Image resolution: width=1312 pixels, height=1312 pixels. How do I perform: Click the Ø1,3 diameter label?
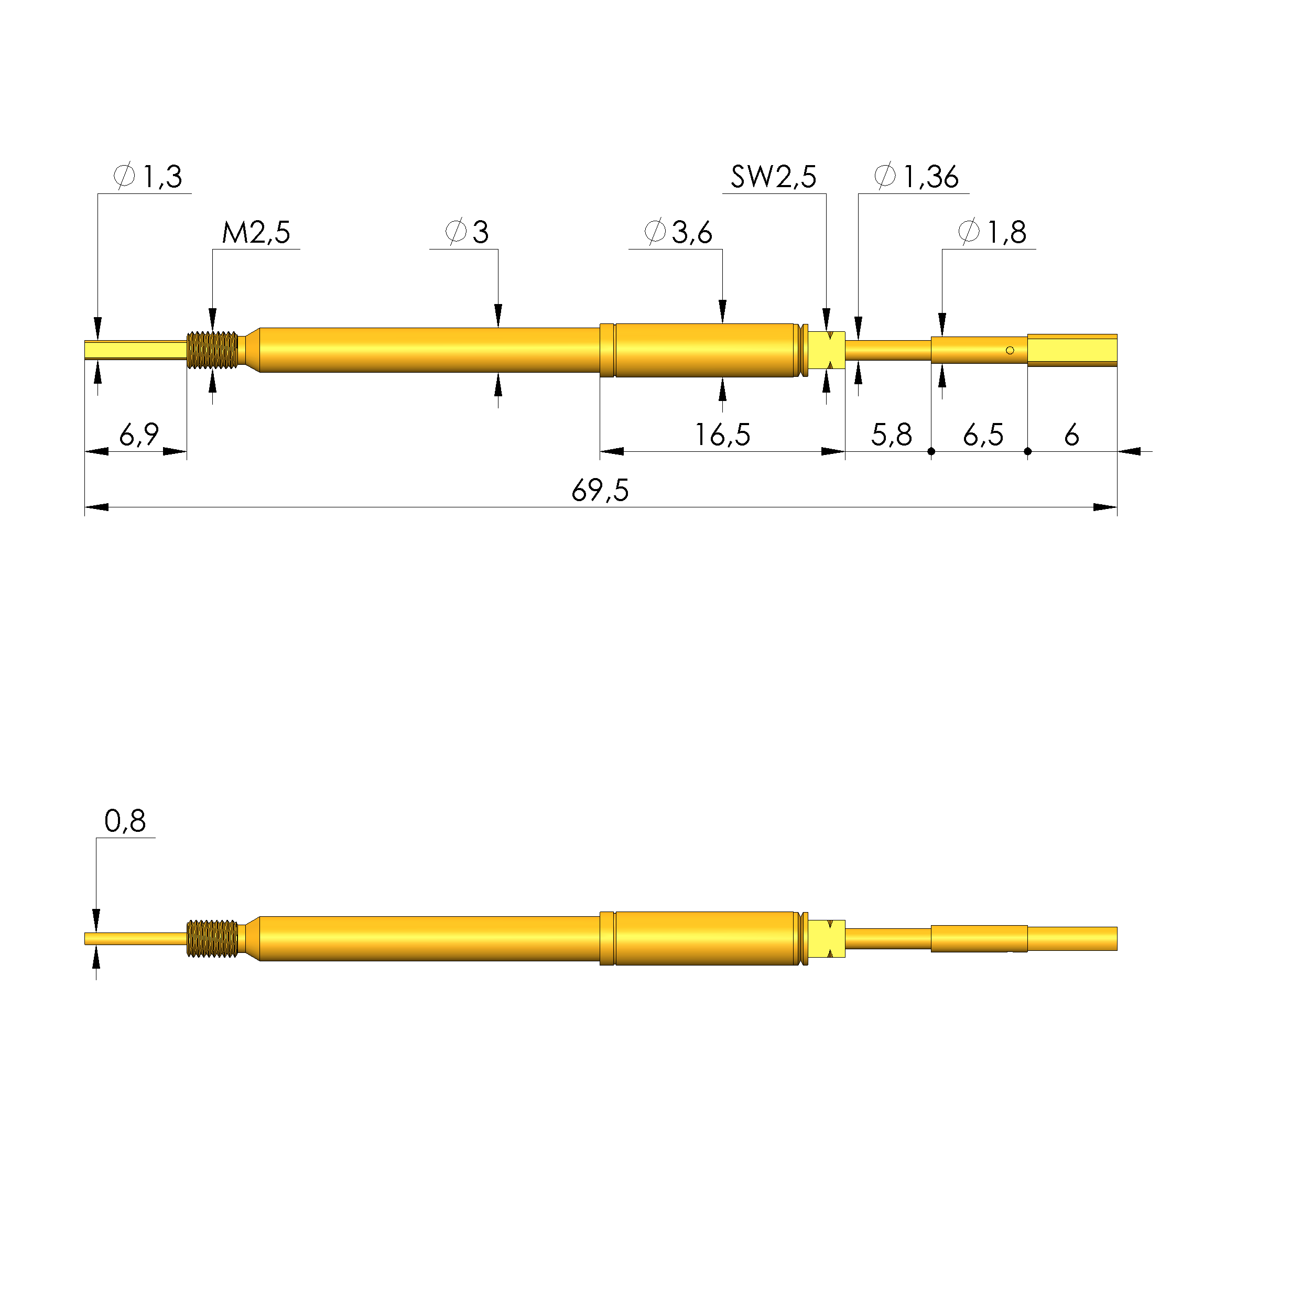[x=148, y=177]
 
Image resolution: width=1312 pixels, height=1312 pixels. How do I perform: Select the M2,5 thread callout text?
[x=256, y=233]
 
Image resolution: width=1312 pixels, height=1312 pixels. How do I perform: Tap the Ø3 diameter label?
[x=467, y=233]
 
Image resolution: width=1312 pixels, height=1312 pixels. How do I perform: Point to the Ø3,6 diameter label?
[x=678, y=233]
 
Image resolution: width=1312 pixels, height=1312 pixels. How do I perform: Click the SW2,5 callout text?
[x=774, y=177]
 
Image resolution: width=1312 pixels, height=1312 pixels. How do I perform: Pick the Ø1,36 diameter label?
[x=917, y=177]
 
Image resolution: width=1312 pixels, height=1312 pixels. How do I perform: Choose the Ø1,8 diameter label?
[x=992, y=233]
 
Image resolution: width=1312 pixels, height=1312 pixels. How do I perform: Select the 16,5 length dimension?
[x=722, y=435]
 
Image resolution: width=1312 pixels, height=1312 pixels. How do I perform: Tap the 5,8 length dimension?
[x=892, y=435]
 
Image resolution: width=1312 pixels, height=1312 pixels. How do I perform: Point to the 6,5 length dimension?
[x=983, y=435]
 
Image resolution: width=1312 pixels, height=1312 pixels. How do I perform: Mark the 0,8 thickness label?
[x=125, y=822]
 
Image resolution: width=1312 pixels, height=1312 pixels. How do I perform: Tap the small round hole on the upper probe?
[x=1010, y=351]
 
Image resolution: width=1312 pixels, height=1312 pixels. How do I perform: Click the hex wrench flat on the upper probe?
[x=827, y=351]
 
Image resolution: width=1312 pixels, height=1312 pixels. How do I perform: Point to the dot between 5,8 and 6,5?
[x=931, y=452]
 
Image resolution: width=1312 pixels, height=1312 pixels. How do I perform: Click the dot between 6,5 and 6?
[x=1027, y=452]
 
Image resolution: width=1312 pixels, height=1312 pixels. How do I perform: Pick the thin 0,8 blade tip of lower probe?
[x=135, y=939]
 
